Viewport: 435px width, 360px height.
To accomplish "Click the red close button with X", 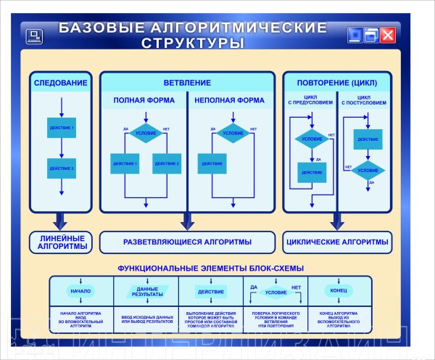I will pyautogui.click(x=389, y=35).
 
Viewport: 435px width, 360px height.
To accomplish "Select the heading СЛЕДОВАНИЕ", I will pyautogui.click(x=61, y=83).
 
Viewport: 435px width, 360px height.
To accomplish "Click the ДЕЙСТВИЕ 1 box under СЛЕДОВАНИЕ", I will pyautogui.click(x=62, y=127).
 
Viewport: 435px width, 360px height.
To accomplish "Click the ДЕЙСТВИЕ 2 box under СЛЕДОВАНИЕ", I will pyautogui.click(x=62, y=168).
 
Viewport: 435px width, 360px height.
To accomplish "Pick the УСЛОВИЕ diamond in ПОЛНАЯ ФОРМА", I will pyautogui.click(x=146, y=134).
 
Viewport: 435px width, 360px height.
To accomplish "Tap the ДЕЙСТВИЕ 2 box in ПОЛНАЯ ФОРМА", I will pyautogui.click(x=167, y=163).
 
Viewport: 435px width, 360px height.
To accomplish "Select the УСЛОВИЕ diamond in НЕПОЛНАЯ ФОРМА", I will pyautogui.click(x=233, y=134).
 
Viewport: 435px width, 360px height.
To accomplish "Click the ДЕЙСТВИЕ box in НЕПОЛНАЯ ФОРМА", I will pyautogui.click(x=212, y=163).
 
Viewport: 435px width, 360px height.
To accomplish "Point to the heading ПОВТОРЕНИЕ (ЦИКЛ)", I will pyautogui.click(x=336, y=83).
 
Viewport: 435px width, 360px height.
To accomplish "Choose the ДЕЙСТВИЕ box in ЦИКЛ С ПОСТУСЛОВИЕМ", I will pyautogui.click(x=368, y=139).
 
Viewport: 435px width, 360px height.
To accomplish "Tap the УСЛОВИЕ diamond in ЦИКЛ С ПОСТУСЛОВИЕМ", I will pyautogui.click(x=368, y=171).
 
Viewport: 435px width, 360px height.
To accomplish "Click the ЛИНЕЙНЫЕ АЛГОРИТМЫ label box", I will pyautogui.click(x=62, y=242).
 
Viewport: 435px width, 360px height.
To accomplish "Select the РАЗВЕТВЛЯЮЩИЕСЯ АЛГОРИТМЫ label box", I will pyautogui.click(x=187, y=242).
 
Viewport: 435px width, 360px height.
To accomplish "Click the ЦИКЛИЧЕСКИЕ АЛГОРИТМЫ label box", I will pyautogui.click(x=336, y=242).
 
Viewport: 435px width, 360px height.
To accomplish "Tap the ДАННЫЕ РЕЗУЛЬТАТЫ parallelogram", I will pyautogui.click(x=148, y=291).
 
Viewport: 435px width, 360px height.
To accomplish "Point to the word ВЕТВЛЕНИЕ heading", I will pyautogui.click(x=187, y=83).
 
